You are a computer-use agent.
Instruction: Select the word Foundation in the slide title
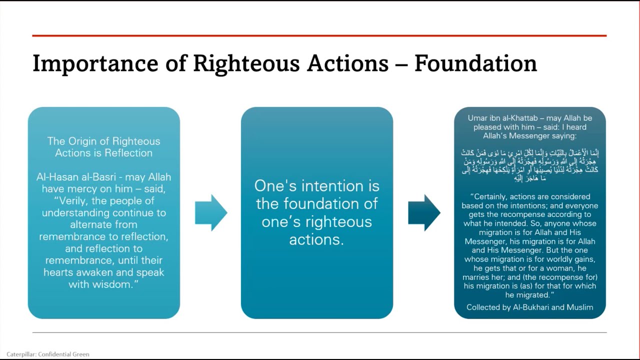coord(475,64)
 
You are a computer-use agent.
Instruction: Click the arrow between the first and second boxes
coord(210,212)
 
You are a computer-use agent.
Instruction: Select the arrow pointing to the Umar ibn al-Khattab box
coord(423,212)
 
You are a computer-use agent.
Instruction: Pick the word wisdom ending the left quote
coord(118,284)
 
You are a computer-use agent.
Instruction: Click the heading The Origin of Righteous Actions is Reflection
coord(104,147)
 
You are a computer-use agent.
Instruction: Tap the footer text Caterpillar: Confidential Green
coord(48,354)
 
